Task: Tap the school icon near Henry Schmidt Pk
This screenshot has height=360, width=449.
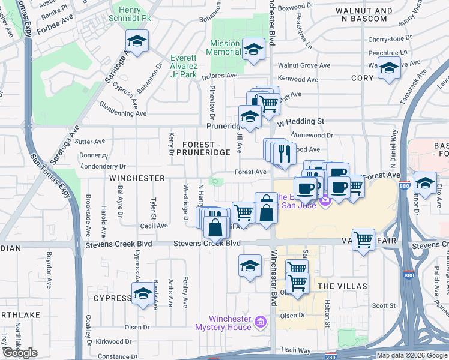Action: [137, 42]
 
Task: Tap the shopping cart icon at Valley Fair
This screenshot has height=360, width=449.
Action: [363, 240]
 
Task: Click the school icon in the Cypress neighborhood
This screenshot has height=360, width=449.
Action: [143, 294]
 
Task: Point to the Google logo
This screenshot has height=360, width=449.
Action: [20, 353]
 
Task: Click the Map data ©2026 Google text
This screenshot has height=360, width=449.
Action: [411, 355]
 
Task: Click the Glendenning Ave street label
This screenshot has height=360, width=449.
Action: [124, 113]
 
